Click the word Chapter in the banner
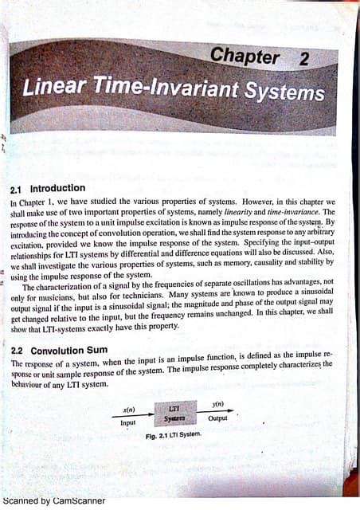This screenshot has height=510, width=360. tap(245, 57)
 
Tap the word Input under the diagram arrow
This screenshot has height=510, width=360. tap(128, 423)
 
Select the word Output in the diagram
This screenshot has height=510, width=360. tap(217, 418)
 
